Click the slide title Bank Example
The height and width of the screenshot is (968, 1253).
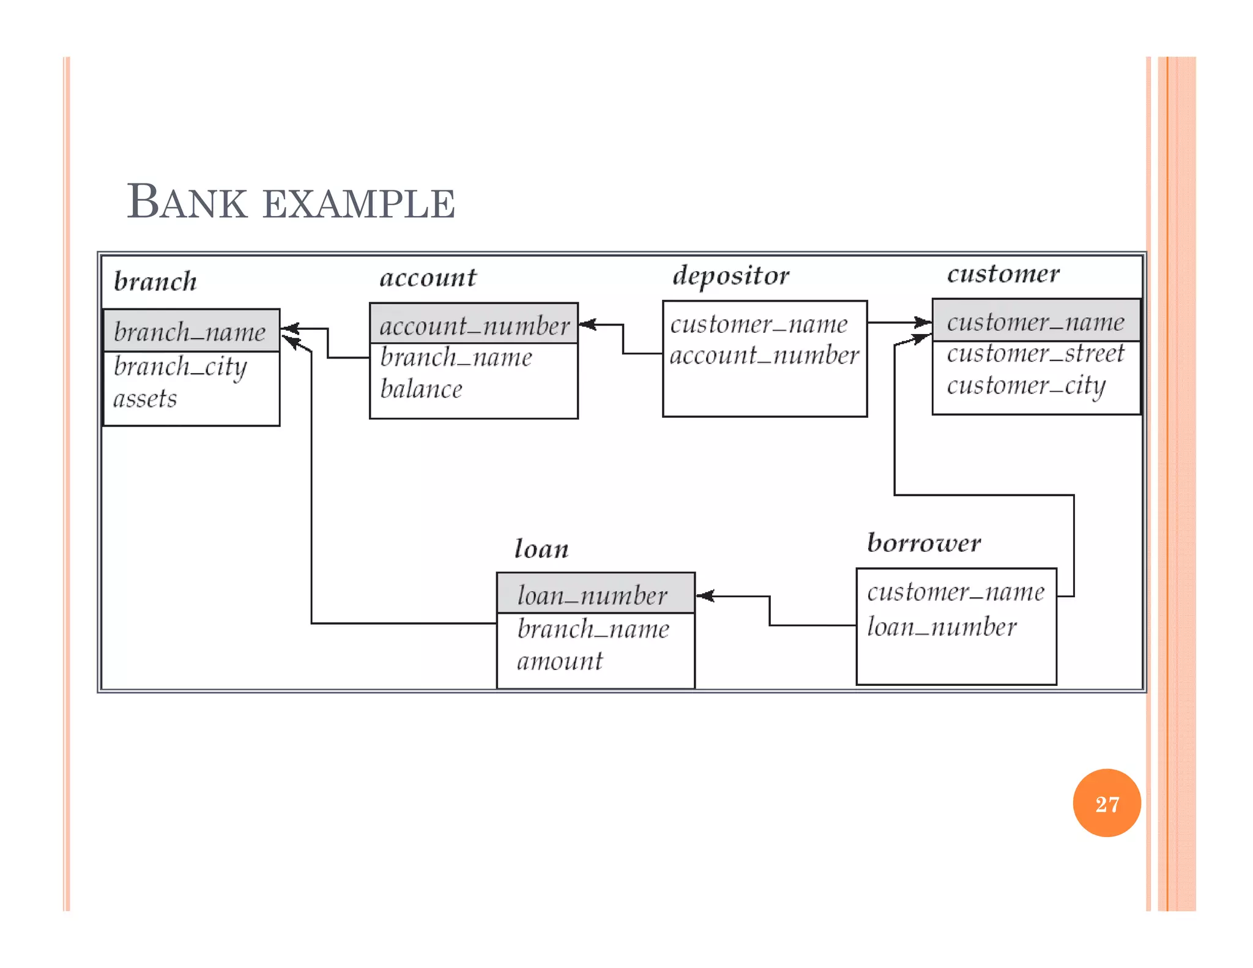click(291, 202)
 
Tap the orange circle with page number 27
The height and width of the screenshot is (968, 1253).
click(1106, 803)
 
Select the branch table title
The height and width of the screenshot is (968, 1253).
click(155, 281)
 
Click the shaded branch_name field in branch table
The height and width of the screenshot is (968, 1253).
click(190, 332)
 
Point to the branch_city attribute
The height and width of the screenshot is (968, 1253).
click(180, 367)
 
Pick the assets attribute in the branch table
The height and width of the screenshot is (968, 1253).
click(145, 399)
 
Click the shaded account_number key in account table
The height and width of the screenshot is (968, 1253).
click(474, 325)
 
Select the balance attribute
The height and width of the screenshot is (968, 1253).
click(421, 389)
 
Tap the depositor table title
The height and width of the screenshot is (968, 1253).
click(731, 276)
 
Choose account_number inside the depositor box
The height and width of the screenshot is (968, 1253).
click(764, 356)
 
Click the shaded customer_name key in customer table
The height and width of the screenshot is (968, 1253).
click(1035, 322)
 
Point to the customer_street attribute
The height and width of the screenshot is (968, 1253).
click(1035, 354)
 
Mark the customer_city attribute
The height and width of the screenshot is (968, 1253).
click(1026, 386)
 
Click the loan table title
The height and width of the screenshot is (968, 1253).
click(541, 549)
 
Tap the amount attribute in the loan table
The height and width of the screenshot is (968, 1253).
click(560, 661)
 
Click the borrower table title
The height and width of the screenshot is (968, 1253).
click(924, 543)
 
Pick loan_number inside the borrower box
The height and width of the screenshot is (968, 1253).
click(942, 627)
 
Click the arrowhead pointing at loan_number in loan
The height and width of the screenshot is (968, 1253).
click(704, 596)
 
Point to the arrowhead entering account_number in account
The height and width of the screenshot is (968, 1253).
click(587, 324)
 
